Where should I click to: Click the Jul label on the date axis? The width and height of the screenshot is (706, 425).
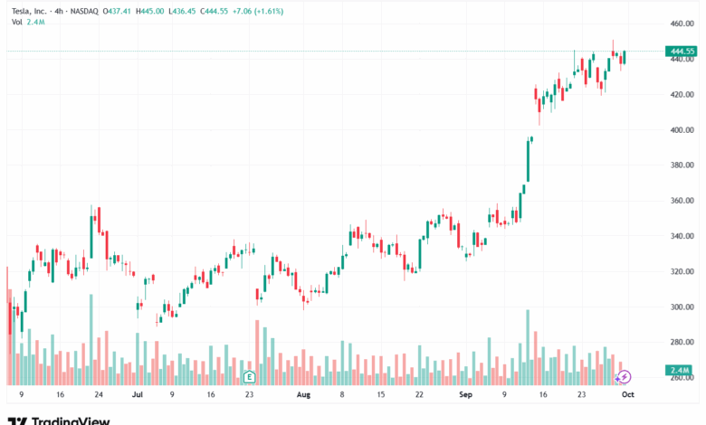coord(137,395)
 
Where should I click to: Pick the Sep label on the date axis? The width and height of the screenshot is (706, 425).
coord(465,395)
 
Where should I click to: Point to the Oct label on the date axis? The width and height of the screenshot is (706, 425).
coord(627,395)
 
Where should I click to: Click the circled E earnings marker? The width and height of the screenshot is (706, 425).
coord(250,375)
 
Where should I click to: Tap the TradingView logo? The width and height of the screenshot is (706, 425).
coord(59,419)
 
